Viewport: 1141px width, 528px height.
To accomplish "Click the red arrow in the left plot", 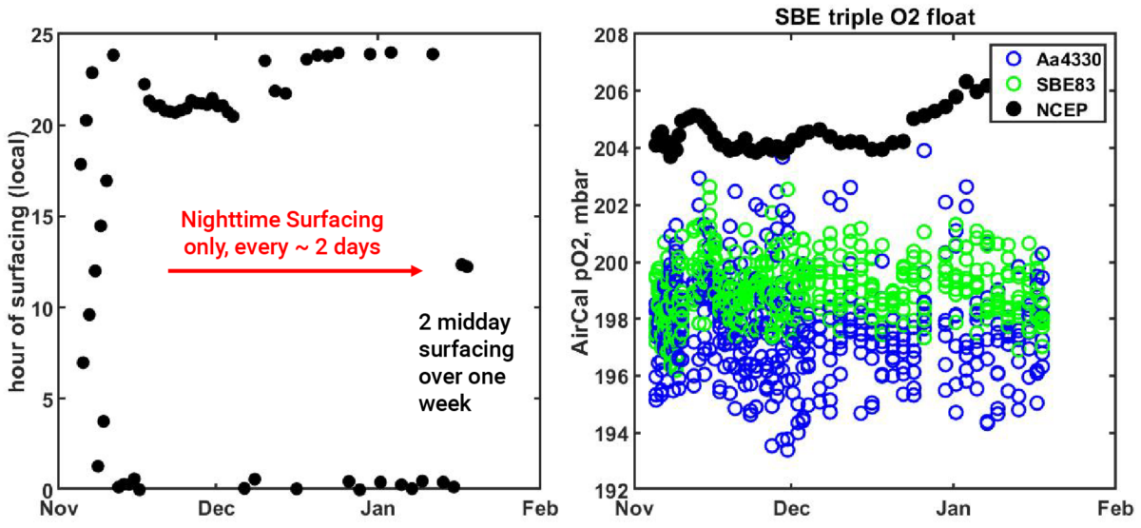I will click(x=295, y=271).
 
